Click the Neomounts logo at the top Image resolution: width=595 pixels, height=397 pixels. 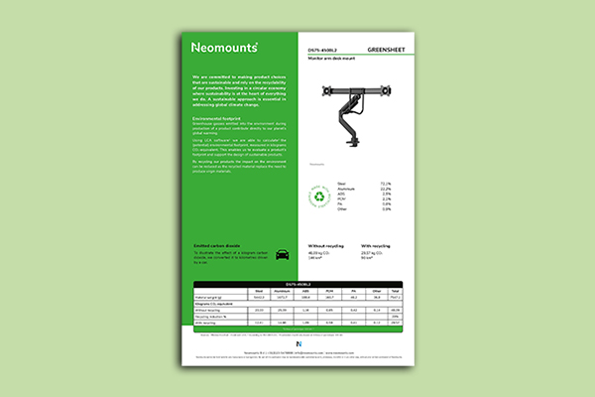(x=225, y=47)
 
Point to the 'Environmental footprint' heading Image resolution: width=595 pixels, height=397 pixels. (x=217, y=117)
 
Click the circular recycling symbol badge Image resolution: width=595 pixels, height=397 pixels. (x=323, y=197)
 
